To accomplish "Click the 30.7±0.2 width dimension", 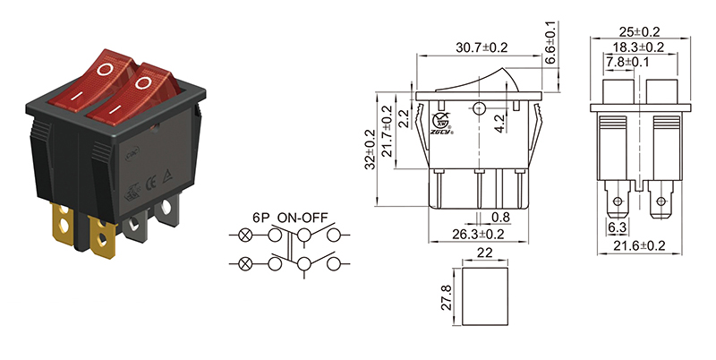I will coord(482,47).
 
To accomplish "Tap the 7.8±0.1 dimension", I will coord(628,63).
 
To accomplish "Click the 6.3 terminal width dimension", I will coord(617,228).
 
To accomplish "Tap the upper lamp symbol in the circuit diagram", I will coord(245,236).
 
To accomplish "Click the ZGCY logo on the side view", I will coord(441,122).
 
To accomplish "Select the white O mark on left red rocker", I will coord(107,69).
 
